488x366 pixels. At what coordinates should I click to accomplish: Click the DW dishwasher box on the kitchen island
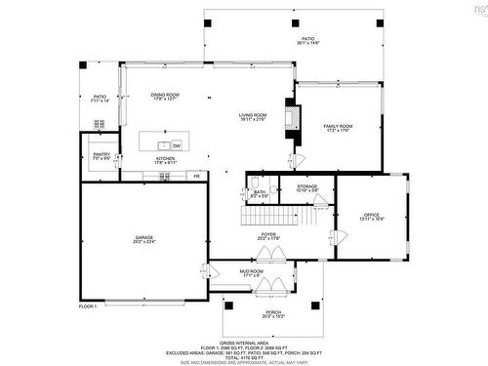coord(178,145)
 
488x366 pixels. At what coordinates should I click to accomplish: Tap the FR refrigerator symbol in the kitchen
coord(196,177)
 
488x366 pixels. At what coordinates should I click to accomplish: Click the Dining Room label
coord(165,96)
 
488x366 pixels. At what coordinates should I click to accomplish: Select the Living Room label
coord(254,117)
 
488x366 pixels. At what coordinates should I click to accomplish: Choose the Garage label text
coord(144,239)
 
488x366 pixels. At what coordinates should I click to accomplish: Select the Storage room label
coord(308,187)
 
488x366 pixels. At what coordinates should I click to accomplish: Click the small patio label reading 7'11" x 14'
coord(100,99)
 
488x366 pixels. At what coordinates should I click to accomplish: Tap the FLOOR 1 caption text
coord(91,307)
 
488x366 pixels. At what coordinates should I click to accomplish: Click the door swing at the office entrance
coord(340,236)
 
